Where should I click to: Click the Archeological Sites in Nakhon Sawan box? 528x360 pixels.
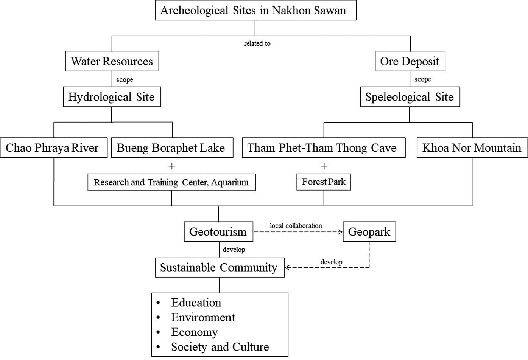coord(256,10)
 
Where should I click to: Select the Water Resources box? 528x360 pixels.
coord(112,61)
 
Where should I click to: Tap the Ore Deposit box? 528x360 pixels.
coord(410,61)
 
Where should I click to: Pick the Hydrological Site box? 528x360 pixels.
coord(112,97)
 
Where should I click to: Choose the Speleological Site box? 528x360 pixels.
coord(410,97)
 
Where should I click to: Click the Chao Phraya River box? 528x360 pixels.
coord(53,147)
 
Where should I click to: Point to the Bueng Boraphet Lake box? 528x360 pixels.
coord(172,147)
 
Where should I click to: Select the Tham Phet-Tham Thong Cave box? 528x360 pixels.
coord(324,147)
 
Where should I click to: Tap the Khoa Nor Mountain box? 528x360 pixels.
coord(472,147)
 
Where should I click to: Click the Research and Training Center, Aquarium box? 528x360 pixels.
coord(171,182)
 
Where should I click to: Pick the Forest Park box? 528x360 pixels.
coord(324,182)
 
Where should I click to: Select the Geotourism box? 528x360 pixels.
coord(218,231)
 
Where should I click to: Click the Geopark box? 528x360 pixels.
coord(369,231)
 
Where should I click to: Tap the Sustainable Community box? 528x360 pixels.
coord(220,267)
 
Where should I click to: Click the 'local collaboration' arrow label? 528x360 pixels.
coord(296,226)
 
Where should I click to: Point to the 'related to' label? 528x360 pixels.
coord(257,43)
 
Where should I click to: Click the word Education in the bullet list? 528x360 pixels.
coord(196,303)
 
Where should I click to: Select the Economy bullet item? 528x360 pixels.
coord(195,332)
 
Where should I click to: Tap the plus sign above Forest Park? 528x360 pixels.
coord(324,166)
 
